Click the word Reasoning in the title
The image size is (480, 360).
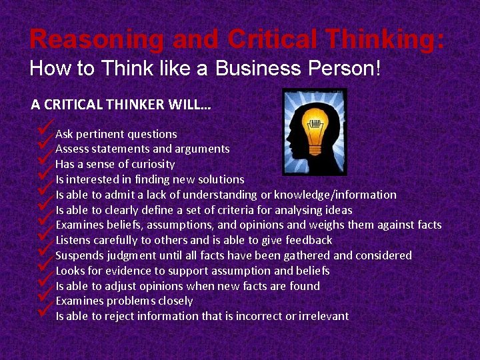pyautogui.click(x=97, y=40)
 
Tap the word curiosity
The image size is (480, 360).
pyautogui.click(x=151, y=164)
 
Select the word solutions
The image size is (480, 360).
pyautogui.click(x=220, y=179)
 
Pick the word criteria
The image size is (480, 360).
pyautogui.click(x=243, y=210)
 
